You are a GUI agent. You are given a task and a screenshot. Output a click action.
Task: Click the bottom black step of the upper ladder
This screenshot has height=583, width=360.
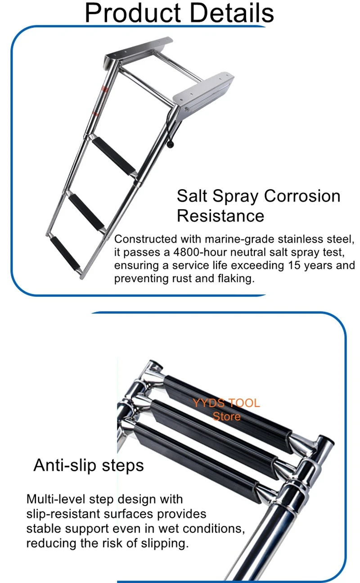tap(65, 253)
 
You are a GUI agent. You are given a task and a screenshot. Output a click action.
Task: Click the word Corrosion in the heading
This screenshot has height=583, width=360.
tap(302, 196)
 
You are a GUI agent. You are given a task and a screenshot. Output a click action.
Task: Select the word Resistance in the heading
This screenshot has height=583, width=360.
tap(220, 216)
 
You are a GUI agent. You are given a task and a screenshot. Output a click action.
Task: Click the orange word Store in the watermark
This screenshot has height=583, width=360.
tap(226, 416)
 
